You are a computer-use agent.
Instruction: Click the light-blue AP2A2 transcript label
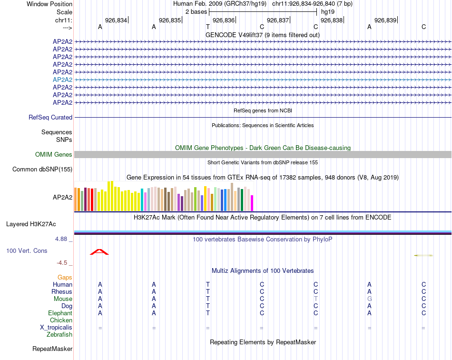click(x=62, y=80)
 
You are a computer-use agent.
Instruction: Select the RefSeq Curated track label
click(x=50, y=117)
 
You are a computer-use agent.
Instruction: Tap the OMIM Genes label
click(x=54, y=154)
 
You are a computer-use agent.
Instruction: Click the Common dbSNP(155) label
click(x=42, y=169)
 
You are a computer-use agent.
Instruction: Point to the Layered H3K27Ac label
click(x=31, y=224)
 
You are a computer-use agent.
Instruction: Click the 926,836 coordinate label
click(x=224, y=20)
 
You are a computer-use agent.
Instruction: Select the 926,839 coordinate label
click(x=385, y=20)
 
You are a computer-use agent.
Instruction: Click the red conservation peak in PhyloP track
click(x=99, y=252)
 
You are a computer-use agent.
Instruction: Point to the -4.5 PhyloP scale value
click(x=62, y=262)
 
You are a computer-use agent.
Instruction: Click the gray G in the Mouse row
click(x=369, y=299)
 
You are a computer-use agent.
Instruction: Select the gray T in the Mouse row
click(x=315, y=299)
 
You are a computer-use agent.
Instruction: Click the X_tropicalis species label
click(x=56, y=328)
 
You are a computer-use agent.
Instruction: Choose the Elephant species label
click(x=60, y=313)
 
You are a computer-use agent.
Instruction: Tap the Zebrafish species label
click(x=59, y=335)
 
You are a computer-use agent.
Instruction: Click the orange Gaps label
click(x=65, y=277)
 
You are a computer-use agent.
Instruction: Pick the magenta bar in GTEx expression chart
click(x=252, y=203)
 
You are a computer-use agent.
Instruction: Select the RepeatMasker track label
click(x=52, y=349)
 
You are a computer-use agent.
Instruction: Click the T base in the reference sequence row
click(x=208, y=27)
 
